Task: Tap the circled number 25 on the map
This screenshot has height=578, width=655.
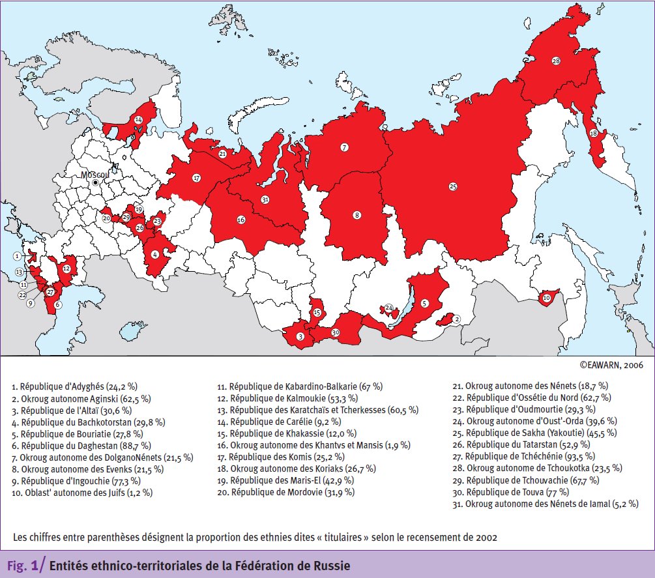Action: [452, 186]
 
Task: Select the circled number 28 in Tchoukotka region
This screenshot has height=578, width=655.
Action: [556, 61]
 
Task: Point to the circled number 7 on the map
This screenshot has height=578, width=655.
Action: [344, 147]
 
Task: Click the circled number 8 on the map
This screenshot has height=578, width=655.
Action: [357, 215]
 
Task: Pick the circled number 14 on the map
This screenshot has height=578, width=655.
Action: [138, 120]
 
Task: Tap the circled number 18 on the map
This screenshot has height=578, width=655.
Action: [593, 133]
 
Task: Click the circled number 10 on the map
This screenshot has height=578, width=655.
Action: [546, 298]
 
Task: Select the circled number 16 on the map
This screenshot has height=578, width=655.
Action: [240, 220]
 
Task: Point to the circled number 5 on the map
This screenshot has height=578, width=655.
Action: [424, 302]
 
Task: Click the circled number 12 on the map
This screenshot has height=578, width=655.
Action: [66, 267]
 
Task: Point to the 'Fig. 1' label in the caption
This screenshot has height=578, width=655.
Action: [23, 566]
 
